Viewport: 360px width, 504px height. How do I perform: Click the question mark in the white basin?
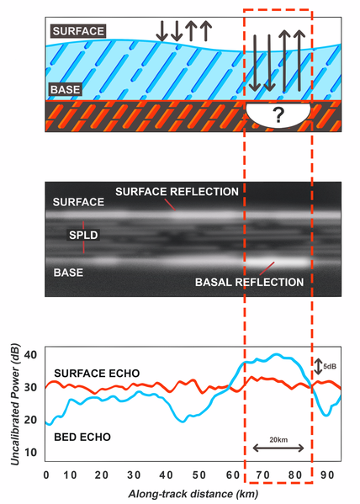[278, 115]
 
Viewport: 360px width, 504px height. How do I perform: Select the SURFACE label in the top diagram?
[78, 31]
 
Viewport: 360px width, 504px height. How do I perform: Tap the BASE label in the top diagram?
[66, 89]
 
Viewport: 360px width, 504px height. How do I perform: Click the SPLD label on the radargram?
[83, 235]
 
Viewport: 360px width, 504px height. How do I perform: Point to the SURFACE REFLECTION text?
[177, 192]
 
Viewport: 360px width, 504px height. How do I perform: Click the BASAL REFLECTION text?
[250, 282]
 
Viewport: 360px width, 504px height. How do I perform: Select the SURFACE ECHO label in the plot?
[97, 374]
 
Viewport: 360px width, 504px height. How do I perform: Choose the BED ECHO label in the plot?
[82, 438]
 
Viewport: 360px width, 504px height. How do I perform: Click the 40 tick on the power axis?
[30, 355]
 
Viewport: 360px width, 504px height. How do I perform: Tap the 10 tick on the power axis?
[30, 453]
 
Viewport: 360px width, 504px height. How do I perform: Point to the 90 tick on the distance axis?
[327, 475]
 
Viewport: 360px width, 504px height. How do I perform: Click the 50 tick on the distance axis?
[199, 475]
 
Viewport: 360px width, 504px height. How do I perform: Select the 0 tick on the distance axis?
[46, 475]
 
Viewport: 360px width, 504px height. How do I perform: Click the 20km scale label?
[278, 439]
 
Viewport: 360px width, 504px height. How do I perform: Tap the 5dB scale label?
[330, 366]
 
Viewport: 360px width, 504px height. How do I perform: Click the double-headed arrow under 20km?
[278, 448]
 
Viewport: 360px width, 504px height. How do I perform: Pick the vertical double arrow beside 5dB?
[318, 366]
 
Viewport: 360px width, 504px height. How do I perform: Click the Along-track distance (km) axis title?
[193, 494]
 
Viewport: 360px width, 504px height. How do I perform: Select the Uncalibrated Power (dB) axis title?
[15, 405]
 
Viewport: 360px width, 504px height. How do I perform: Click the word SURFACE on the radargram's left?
[78, 202]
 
